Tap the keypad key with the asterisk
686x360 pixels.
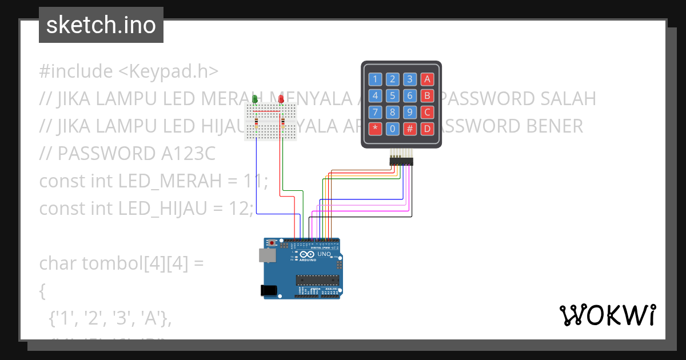[375, 129]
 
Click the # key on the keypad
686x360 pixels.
[409, 129]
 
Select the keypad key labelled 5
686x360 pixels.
[392, 95]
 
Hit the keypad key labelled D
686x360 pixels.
[426, 129]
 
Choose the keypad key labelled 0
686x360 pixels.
[392, 129]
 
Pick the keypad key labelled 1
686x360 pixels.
[375, 79]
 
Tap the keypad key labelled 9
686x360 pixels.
[409, 112]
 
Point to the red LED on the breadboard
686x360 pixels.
[281, 99]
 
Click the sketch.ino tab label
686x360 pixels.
[101, 25]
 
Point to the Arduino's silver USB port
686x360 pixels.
[266, 255]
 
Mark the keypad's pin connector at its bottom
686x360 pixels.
[401, 162]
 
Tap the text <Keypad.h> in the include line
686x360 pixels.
[168, 71]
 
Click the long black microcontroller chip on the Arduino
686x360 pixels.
[317, 279]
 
